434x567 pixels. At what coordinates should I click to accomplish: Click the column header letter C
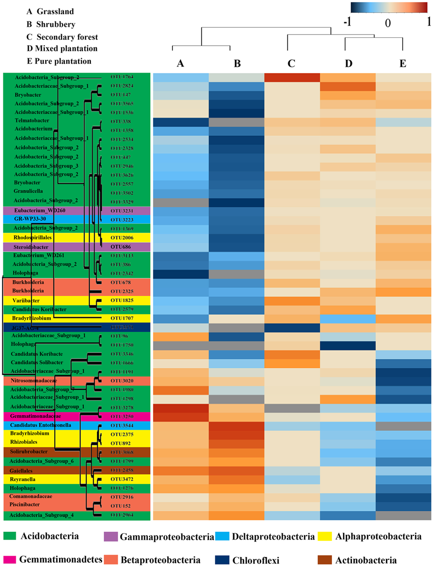[x=291, y=64]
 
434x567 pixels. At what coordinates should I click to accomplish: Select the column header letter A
[x=181, y=64]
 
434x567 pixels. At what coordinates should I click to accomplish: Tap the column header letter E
[x=403, y=64]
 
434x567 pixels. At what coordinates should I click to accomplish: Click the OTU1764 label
[x=122, y=77]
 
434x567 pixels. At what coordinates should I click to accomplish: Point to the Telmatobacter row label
[x=32, y=121]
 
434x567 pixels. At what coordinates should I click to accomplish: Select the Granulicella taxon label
[x=29, y=191]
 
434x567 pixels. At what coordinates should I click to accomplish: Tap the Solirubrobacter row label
[x=29, y=452]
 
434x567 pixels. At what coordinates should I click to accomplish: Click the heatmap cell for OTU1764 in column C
[x=291, y=77]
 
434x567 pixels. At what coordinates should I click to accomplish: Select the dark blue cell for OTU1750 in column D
[x=348, y=345]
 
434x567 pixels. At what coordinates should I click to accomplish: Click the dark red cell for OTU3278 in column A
[x=181, y=408]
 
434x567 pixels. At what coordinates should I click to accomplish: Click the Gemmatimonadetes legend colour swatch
[x=10, y=560]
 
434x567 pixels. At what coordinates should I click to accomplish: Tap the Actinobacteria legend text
[x=366, y=560]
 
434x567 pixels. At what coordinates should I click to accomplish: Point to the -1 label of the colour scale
[x=347, y=22]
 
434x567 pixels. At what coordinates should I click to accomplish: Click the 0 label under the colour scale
[x=388, y=23]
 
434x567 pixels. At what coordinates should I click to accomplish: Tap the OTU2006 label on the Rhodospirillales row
[x=122, y=238]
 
